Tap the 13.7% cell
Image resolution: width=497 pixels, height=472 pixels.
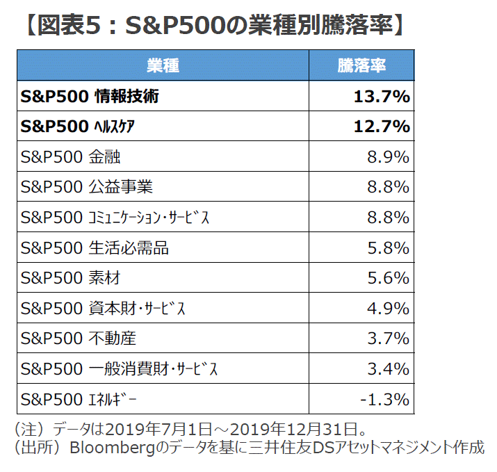point(381,97)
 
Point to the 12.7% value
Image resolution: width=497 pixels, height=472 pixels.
point(381,127)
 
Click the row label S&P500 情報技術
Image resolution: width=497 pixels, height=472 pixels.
point(90,97)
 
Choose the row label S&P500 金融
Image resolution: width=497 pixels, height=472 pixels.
point(71,157)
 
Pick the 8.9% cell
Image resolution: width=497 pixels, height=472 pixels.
point(388,157)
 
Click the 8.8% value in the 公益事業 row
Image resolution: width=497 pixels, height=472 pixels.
point(388,187)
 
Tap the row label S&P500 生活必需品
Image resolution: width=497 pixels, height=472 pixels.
point(95,248)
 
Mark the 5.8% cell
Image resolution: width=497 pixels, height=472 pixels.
point(388,248)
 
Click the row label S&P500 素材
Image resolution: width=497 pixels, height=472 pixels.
point(71,278)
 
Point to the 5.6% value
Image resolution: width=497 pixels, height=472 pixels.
point(388,278)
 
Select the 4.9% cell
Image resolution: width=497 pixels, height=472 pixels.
point(388,309)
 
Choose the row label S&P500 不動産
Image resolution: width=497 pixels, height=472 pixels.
point(79,339)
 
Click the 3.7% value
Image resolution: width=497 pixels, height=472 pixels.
point(388,339)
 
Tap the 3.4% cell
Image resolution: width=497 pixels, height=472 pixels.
point(388,369)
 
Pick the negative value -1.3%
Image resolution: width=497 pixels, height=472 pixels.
point(384,400)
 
